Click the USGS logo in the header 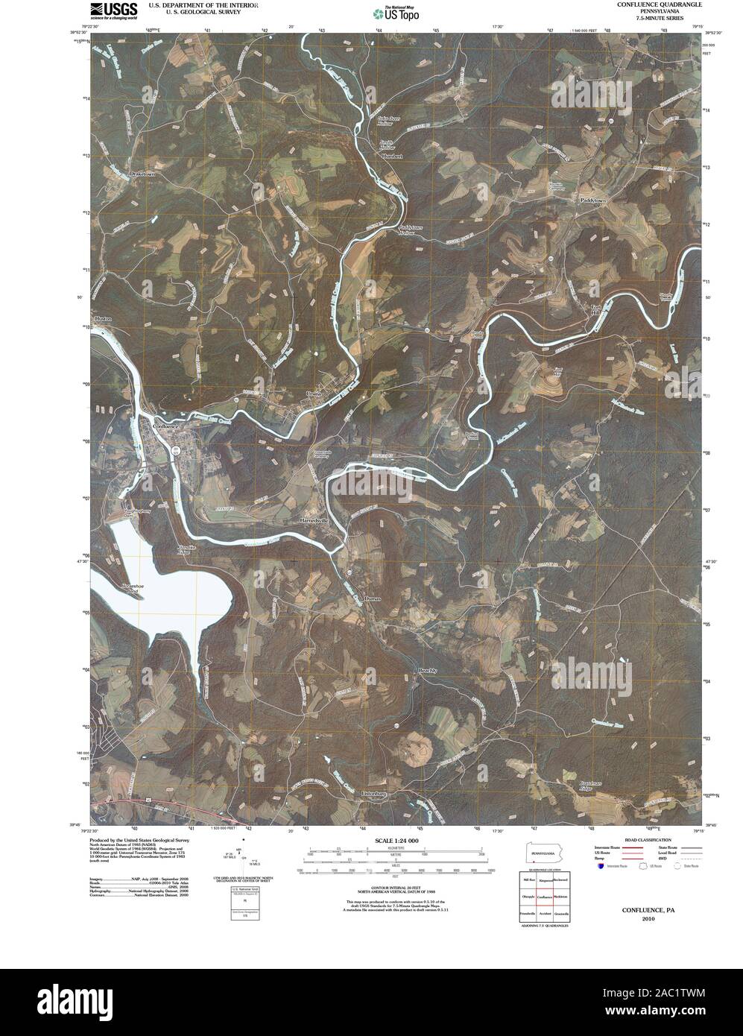[x=113, y=10]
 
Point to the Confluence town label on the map [x=166, y=426]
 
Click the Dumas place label [x=373, y=598]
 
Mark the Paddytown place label [x=593, y=201]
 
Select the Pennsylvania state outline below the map [x=545, y=852]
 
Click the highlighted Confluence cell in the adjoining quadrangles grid [x=545, y=897]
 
